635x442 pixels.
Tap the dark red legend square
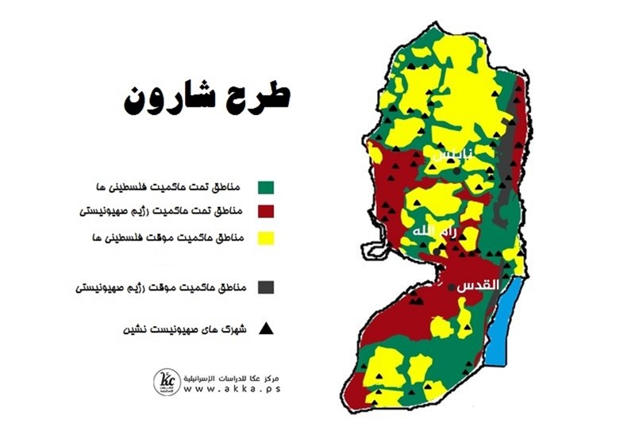[x=266, y=212]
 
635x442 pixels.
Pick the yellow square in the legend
[x=266, y=238]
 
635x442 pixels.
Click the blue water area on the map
[x=509, y=321]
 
